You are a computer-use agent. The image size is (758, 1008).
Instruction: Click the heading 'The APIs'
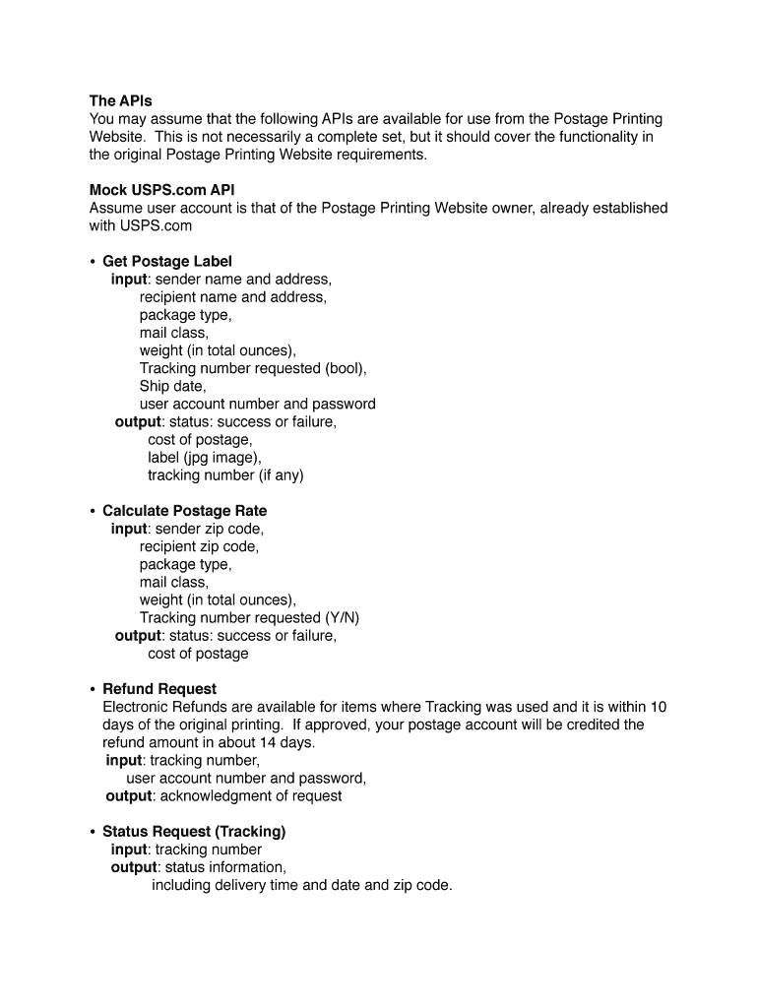[x=121, y=100]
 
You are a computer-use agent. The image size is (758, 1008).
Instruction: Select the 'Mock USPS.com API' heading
[x=162, y=190]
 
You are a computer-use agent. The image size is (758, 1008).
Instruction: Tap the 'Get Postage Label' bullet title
[x=167, y=261]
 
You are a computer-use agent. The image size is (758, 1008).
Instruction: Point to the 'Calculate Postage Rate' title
[x=184, y=511]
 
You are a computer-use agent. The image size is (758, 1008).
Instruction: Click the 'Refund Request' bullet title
[x=159, y=689]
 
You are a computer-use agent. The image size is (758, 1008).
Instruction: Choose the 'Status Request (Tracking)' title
[x=194, y=832]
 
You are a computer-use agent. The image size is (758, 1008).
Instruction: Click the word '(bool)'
[x=346, y=368]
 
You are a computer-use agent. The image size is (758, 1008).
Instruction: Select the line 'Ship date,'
[x=172, y=386]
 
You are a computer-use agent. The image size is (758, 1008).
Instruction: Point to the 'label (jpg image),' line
[x=205, y=458]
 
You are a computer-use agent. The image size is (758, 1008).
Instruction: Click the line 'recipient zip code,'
[x=199, y=546]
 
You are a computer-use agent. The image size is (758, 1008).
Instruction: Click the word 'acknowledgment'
[x=210, y=795]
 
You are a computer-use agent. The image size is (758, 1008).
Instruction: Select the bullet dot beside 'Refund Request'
[x=92, y=689]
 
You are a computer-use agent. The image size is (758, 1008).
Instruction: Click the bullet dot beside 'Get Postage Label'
[x=92, y=261]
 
